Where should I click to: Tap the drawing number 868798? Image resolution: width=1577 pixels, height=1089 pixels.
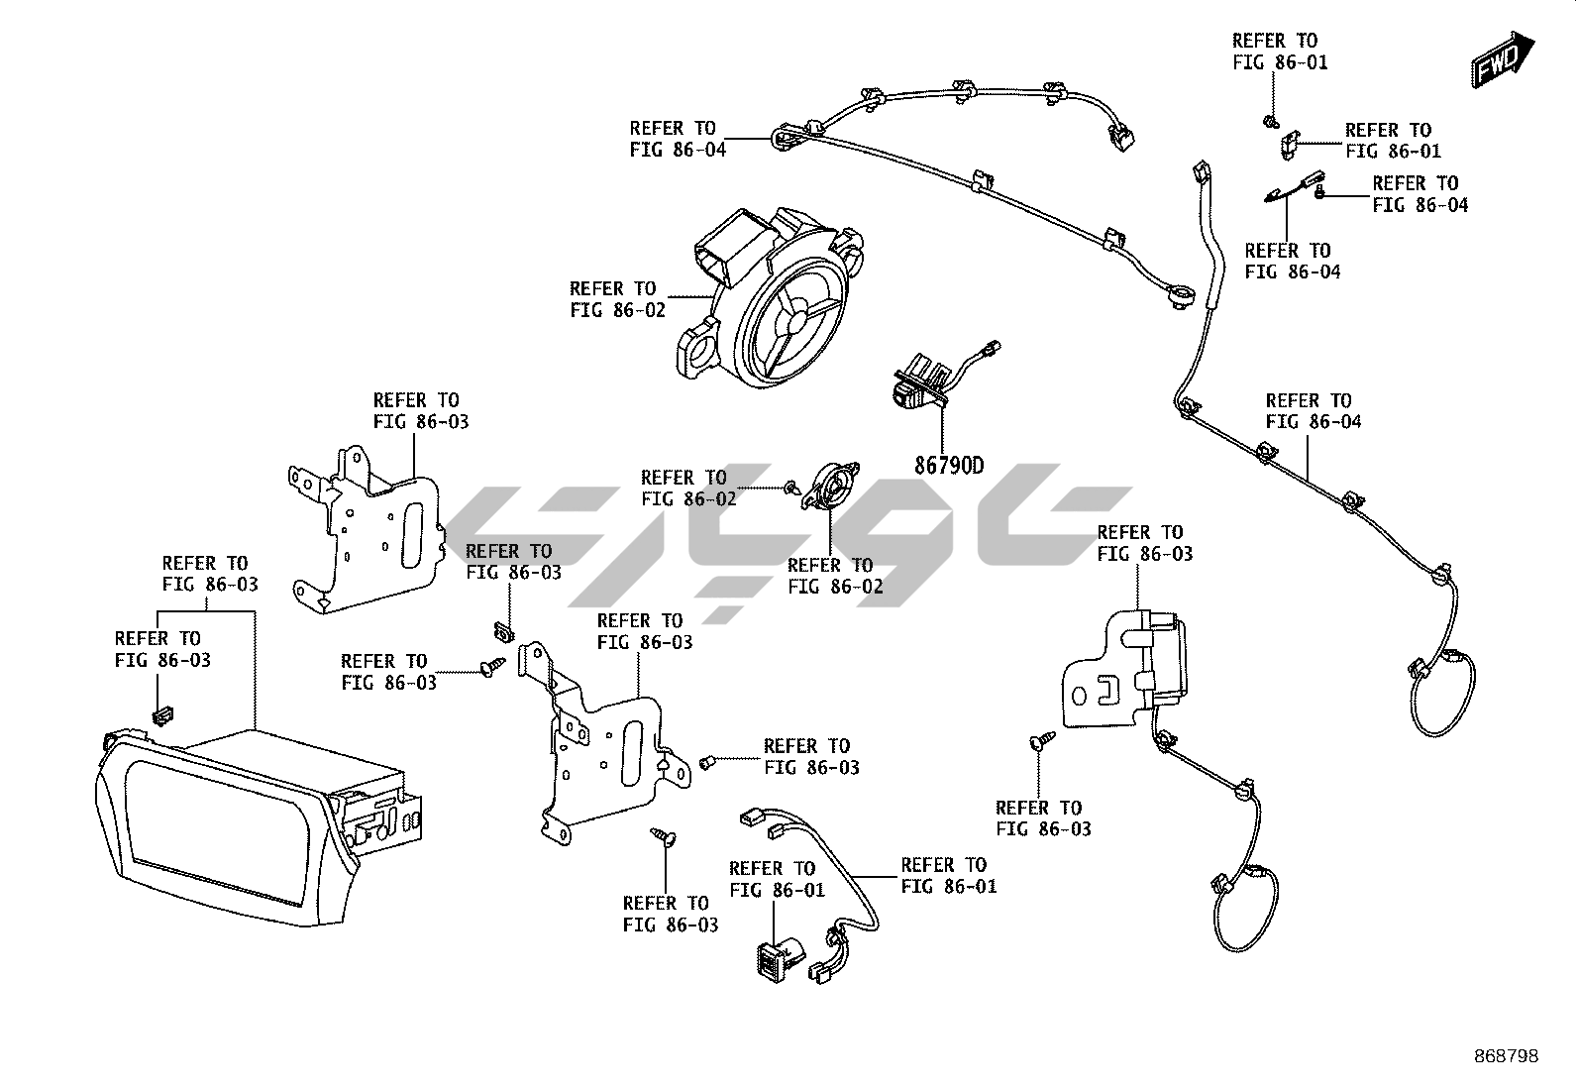pyautogui.click(x=1505, y=1056)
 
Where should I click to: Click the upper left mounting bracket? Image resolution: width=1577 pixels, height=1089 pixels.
pyautogui.click(x=367, y=535)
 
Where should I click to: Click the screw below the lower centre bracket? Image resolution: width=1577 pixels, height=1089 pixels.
pyautogui.click(x=662, y=837)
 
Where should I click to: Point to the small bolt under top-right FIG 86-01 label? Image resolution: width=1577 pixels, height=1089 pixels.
pyautogui.click(x=1269, y=122)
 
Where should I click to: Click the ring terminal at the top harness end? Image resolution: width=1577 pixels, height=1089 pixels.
pyautogui.click(x=1180, y=295)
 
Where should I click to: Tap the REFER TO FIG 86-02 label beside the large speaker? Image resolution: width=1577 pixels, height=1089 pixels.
pyautogui.click(x=616, y=298)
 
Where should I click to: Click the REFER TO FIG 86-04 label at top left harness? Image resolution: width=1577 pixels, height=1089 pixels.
pyautogui.click(x=677, y=139)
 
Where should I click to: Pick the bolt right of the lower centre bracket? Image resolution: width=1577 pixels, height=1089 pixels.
pyautogui.click(x=707, y=762)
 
